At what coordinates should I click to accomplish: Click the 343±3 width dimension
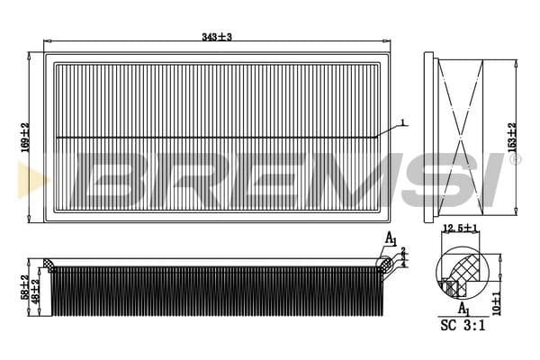pos(217,37)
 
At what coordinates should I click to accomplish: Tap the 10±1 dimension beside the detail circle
pos(497,302)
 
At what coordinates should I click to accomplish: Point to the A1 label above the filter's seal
pos(391,238)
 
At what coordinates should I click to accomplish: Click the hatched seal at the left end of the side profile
pos(49,265)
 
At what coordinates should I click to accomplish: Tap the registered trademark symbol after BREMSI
pos(514,159)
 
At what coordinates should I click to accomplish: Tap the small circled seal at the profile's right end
pos(384,264)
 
